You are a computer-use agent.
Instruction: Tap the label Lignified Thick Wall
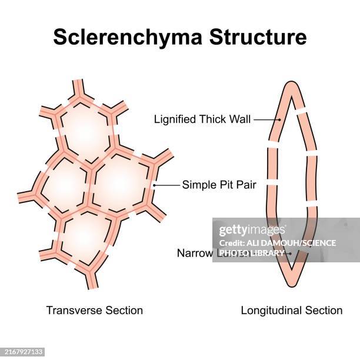[202, 119]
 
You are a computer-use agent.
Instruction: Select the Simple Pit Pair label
[223, 184]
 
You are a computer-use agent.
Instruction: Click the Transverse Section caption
[95, 310]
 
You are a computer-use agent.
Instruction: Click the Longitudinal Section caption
[292, 310]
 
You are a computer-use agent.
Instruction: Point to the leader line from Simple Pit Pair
[168, 185]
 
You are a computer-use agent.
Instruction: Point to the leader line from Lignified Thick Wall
[266, 119]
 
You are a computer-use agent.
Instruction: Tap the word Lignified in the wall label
[175, 119]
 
